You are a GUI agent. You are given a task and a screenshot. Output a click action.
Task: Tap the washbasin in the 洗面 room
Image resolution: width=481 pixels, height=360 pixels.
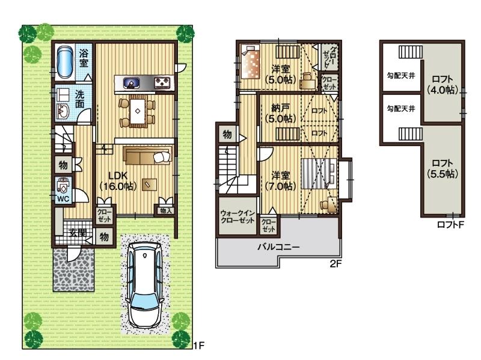tap(64, 111)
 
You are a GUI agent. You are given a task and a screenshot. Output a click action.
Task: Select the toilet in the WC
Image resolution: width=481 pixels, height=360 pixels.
tap(63, 185)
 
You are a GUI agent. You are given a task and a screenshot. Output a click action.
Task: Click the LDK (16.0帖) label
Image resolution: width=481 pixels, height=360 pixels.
tap(118, 181)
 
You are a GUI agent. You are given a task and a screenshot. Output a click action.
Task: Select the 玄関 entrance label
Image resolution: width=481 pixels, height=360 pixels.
tap(76, 233)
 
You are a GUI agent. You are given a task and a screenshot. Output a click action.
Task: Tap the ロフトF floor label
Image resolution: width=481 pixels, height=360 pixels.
tap(451, 225)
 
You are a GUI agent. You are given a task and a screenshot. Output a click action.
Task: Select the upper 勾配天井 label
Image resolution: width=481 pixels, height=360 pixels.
tap(400, 76)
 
